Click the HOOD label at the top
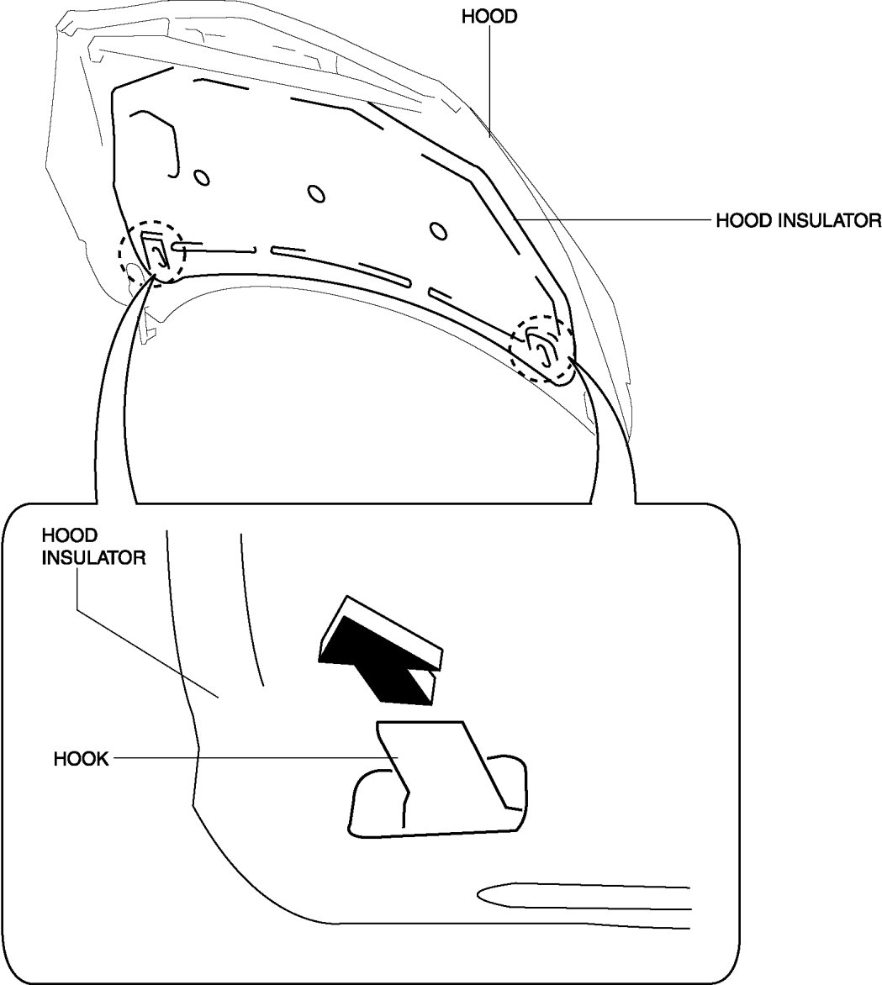[x=489, y=17]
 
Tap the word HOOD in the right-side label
[x=737, y=221]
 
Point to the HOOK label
[x=82, y=759]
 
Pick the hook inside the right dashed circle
[x=541, y=346]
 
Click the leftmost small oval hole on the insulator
[x=201, y=177]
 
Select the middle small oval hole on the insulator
[x=316, y=193]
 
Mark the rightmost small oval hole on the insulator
[x=436, y=229]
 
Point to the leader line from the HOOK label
[x=252, y=758]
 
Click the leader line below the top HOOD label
[x=489, y=80]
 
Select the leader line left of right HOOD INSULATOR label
[x=614, y=221]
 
